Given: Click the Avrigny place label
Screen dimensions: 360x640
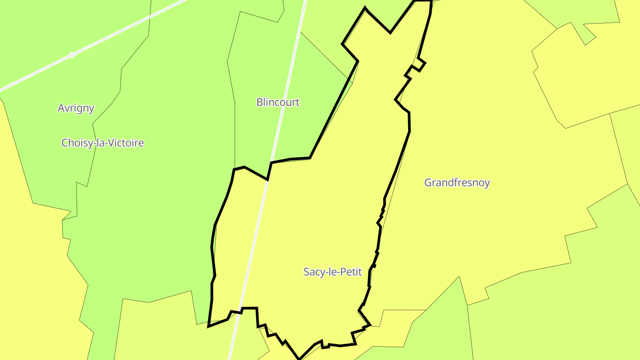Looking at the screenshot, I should click(x=76, y=108).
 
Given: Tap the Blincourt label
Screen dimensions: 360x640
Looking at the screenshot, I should click(x=278, y=102).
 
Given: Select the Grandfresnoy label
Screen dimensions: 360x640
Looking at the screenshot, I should click(x=457, y=183).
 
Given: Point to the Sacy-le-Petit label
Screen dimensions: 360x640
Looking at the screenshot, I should click(x=332, y=272).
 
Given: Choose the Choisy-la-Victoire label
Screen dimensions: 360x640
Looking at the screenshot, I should click(x=103, y=143).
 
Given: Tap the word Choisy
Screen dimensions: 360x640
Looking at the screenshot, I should click(x=74, y=143).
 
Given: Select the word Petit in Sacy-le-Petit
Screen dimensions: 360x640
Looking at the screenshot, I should click(x=352, y=272).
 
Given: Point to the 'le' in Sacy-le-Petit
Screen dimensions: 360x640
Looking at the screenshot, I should click(x=333, y=272).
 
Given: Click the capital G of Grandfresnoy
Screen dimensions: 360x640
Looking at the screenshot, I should click(x=428, y=183).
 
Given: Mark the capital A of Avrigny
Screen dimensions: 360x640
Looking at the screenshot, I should click(x=61, y=108).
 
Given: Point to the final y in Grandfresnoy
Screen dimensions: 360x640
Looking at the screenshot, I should click(x=487, y=184).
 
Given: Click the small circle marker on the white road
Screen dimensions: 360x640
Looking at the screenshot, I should click(x=72, y=55).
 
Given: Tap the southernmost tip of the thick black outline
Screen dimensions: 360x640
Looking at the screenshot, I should click(x=299, y=359).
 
